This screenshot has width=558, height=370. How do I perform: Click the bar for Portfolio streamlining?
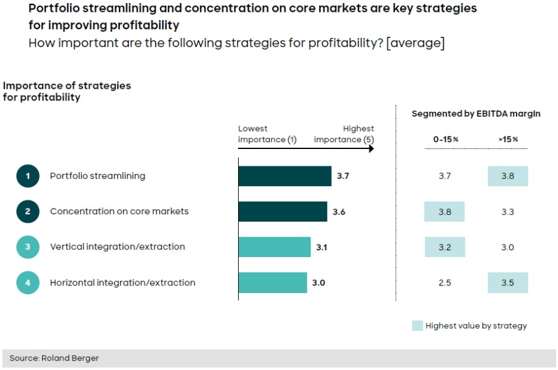[x=285, y=176]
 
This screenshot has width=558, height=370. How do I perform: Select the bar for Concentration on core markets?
[x=283, y=212]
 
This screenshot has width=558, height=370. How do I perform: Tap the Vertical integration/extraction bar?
[x=274, y=247]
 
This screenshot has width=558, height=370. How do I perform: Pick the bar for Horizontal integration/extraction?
[x=272, y=282]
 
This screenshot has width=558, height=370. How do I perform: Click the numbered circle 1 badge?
[x=28, y=176]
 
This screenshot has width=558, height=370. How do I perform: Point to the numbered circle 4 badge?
[x=28, y=282]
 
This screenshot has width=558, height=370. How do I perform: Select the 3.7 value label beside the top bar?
[x=343, y=176]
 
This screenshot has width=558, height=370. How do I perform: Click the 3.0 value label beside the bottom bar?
[x=319, y=283]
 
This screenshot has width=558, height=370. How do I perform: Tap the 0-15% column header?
[x=445, y=140]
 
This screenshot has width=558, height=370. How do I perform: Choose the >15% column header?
[x=507, y=140]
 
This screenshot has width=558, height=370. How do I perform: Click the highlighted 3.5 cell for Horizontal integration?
[x=508, y=283]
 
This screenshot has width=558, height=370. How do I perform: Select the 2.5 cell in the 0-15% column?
[x=445, y=283]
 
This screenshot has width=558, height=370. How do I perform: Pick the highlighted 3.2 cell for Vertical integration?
[x=445, y=247]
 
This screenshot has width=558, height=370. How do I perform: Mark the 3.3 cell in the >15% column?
[x=507, y=212]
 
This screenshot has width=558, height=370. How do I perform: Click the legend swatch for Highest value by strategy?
[x=417, y=325]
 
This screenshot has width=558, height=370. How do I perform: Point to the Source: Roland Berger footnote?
[x=55, y=358]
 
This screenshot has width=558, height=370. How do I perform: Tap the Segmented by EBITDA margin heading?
[x=476, y=114]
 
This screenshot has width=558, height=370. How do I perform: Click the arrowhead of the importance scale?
[x=371, y=150]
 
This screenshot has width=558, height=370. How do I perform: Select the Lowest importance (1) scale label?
[x=267, y=134]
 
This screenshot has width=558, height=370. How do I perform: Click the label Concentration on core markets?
[x=119, y=211]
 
